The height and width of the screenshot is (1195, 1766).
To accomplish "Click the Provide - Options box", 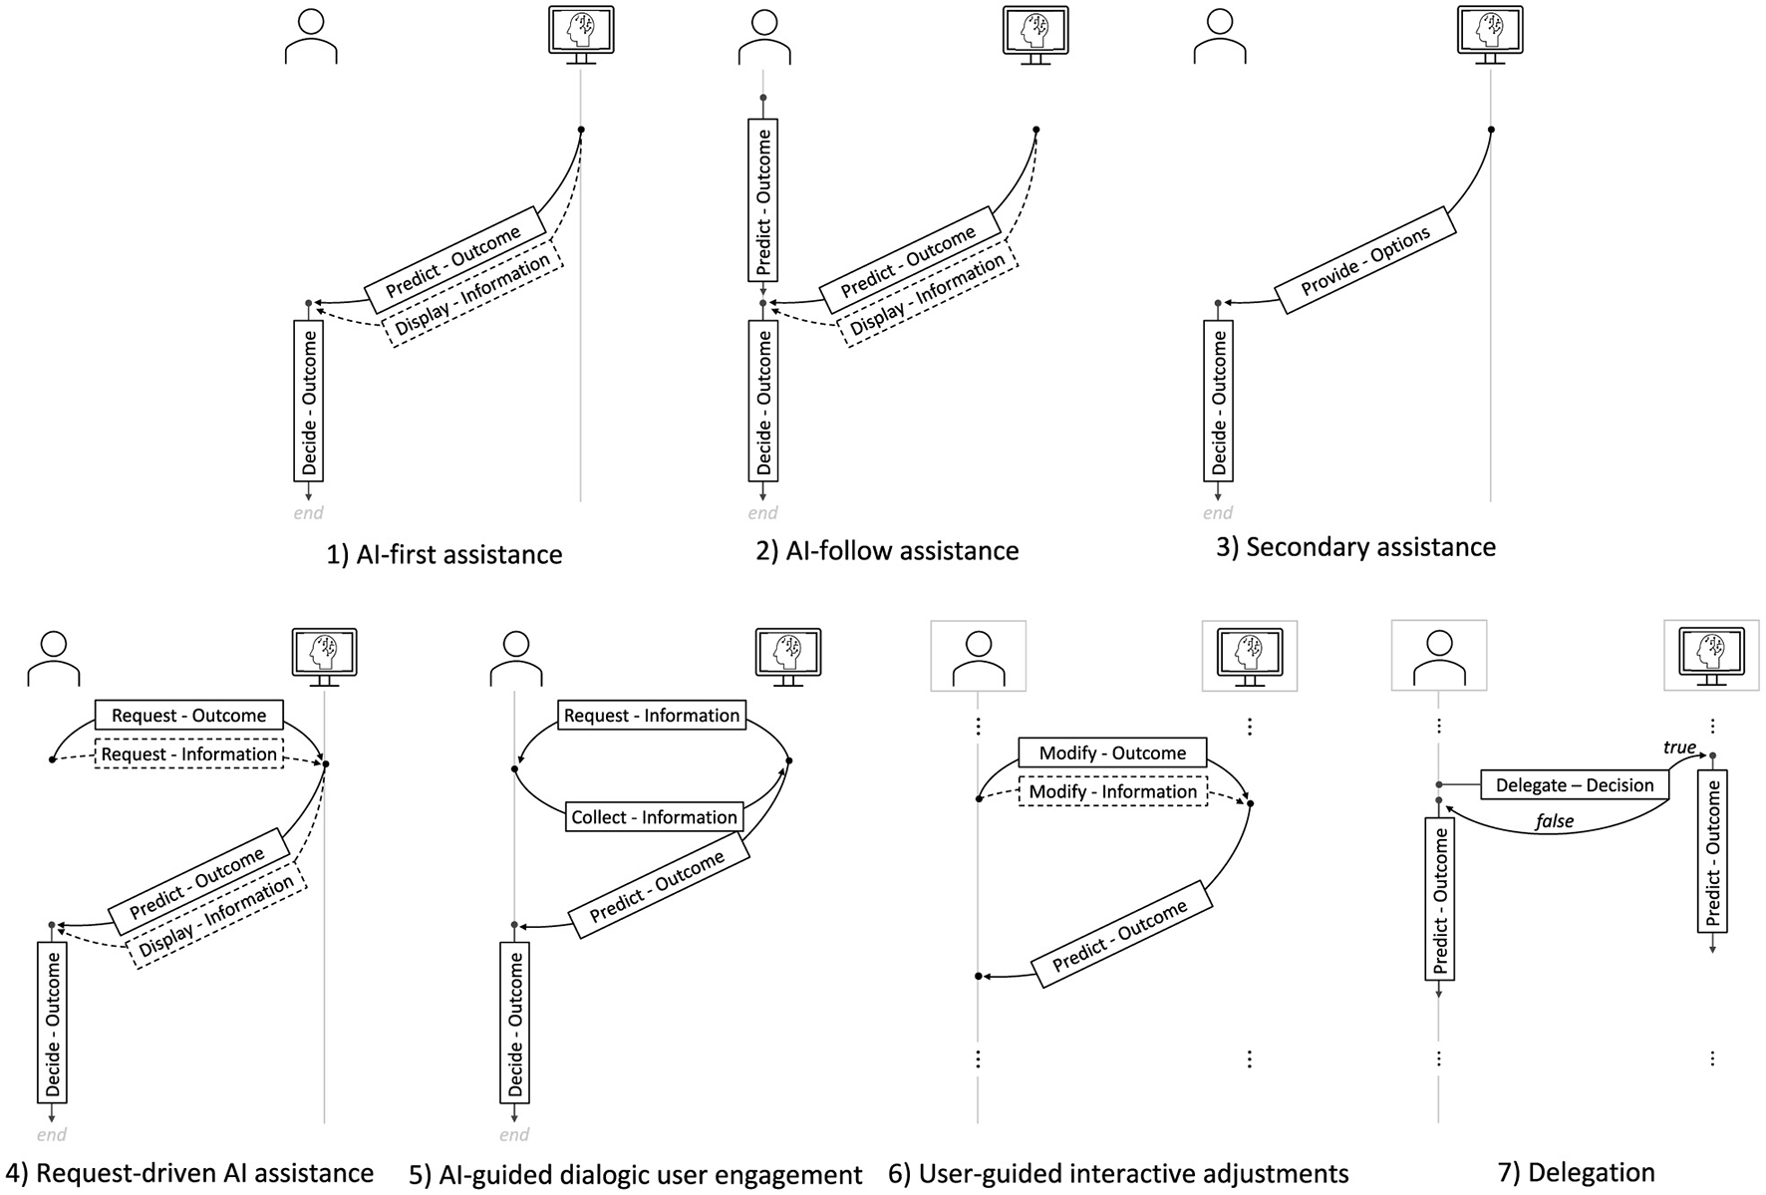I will (x=1365, y=260).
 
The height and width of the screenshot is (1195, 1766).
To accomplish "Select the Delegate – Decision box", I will (x=1575, y=785).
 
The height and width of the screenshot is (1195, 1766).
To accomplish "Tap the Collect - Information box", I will (x=654, y=817).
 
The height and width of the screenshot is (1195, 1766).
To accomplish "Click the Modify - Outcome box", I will (x=1112, y=753).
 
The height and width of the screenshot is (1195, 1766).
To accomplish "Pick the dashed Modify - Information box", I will (x=1112, y=791).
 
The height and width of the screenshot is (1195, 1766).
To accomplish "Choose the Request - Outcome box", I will (x=188, y=716).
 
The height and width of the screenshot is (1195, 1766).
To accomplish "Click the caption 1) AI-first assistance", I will (x=444, y=554).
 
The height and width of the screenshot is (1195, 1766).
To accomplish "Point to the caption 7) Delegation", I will (x=1576, y=1172).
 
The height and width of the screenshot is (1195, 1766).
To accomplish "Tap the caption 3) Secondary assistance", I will (x=1355, y=547).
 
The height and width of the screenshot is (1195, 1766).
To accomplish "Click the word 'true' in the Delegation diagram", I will (x=1679, y=747).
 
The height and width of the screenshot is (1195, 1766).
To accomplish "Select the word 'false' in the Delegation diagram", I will (x=1554, y=821).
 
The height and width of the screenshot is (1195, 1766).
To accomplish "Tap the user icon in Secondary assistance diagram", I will (x=1219, y=37).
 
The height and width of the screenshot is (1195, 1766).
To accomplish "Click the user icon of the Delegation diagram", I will (x=1439, y=656).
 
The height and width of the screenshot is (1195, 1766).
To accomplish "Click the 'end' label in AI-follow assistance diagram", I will (x=762, y=513).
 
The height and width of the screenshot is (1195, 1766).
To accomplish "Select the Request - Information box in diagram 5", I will (x=652, y=716).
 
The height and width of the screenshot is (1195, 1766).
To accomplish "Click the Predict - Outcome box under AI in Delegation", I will (x=1712, y=851).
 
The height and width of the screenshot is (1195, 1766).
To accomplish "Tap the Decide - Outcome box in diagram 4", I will (x=53, y=1022).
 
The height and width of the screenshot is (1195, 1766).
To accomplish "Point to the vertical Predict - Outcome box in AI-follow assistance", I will (x=762, y=200).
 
